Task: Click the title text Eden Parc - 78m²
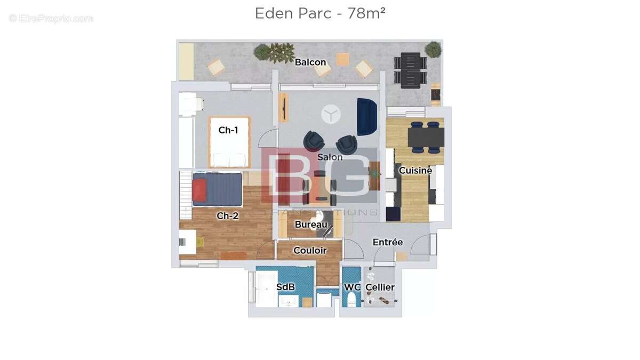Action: pos(320,13)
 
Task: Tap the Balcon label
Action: pos(310,62)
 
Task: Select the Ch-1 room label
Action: pos(228,130)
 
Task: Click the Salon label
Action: pos(330,157)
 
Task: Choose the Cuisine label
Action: pos(415,171)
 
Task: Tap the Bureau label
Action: pos(311,225)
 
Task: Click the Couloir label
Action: pos(310,250)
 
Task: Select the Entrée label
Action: pos(387,242)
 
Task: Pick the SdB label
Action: pos(285,287)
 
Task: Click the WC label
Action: pos(352,287)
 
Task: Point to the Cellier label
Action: pos(380,287)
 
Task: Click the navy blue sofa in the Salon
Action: pos(366,116)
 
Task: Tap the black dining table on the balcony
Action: pos(411,69)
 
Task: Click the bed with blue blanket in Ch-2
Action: pos(217,189)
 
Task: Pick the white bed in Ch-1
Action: pos(229,142)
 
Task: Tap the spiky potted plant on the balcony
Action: pos(282,52)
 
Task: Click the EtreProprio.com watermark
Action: pos(51,18)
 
